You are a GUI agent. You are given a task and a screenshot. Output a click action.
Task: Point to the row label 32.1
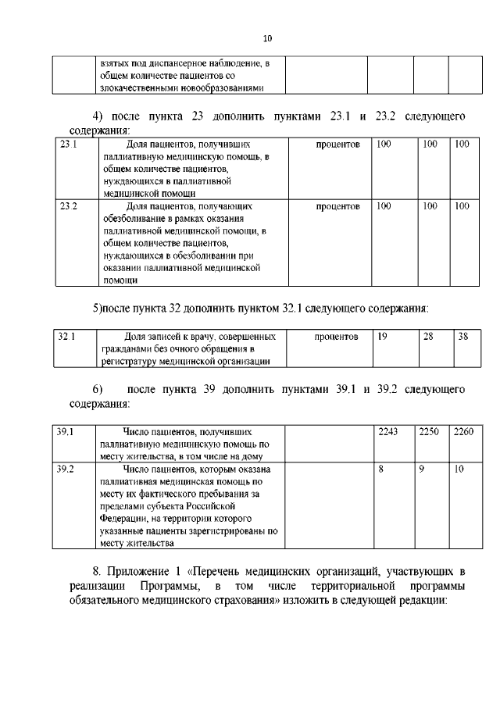click(x=67, y=337)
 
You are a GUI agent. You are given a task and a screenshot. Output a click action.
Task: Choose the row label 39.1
click(x=66, y=431)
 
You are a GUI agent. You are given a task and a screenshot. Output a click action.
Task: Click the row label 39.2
click(x=66, y=469)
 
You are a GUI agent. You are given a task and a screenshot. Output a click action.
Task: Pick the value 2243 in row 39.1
click(x=388, y=431)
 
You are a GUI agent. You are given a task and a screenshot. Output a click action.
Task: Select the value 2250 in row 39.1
click(x=429, y=431)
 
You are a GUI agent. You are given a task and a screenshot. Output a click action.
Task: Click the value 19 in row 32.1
click(x=382, y=337)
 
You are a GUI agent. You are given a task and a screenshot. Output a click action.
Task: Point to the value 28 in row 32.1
click(x=427, y=337)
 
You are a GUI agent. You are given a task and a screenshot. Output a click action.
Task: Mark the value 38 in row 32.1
click(x=463, y=337)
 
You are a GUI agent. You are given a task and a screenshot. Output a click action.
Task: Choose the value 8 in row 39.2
click(x=380, y=469)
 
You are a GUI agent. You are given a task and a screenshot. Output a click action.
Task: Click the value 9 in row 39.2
click(x=422, y=469)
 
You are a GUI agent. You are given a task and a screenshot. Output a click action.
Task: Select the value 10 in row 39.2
click(x=459, y=469)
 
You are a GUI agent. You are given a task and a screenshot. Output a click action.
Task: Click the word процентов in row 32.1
click(x=336, y=337)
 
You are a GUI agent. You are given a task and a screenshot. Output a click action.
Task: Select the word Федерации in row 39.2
click(x=119, y=518)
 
